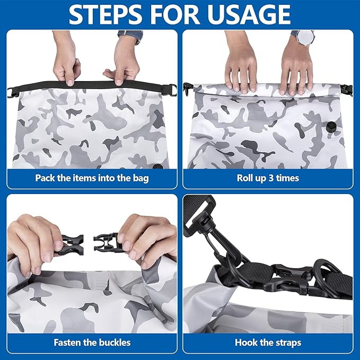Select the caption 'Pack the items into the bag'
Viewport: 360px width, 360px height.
click(x=92, y=178)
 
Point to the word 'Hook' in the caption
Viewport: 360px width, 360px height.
click(x=245, y=343)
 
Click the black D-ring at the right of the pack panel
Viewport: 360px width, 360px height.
click(x=172, y=90)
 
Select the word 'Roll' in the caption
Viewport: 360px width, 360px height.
click(x=244, y=178)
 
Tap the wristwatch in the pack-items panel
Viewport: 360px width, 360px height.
click(x=130, y=36)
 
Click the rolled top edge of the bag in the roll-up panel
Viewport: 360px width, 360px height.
click(x=267, y=91)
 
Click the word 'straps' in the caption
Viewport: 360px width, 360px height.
click(x=287, y=343)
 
